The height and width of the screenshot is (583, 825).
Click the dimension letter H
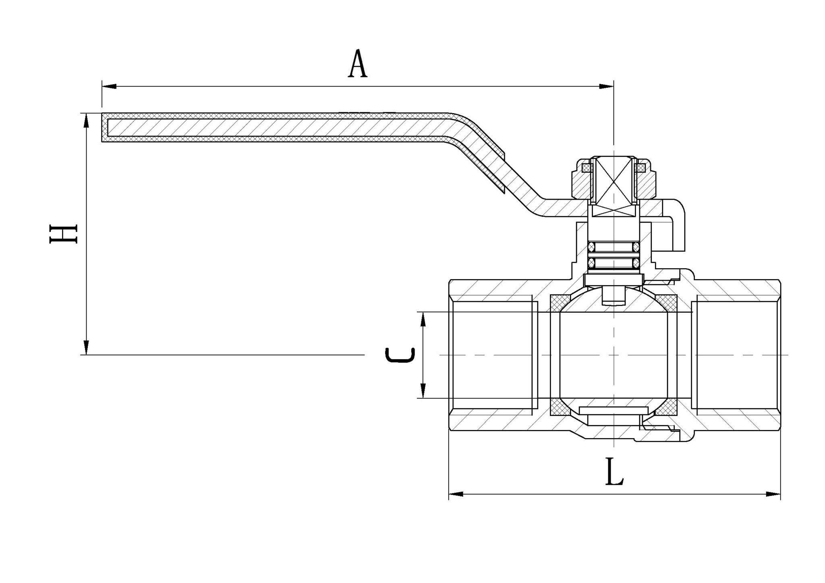point(63,234)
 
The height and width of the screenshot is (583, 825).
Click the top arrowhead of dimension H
point(86,120)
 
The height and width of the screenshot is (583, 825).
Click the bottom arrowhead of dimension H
point(86,347)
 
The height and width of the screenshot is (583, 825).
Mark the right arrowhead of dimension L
point(773,494)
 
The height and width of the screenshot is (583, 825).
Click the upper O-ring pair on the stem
point(614,246)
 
